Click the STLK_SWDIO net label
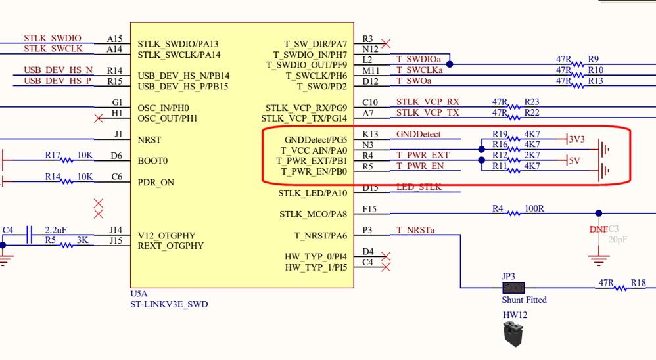click(53, 39)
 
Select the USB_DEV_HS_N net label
click(58, 70)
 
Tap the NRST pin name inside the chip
click(149, 140)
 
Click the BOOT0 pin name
click(152, 161)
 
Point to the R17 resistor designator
click(53, 156)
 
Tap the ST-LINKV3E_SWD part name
click(169, 304)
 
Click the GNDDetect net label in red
click(419, 135)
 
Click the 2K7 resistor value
click(532, 155)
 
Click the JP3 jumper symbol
click(513, 288)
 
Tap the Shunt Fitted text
click(524, 300)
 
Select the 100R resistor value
click(534, 209)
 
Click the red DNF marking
click(599, 229)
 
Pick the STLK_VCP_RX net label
click(428, 102)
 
